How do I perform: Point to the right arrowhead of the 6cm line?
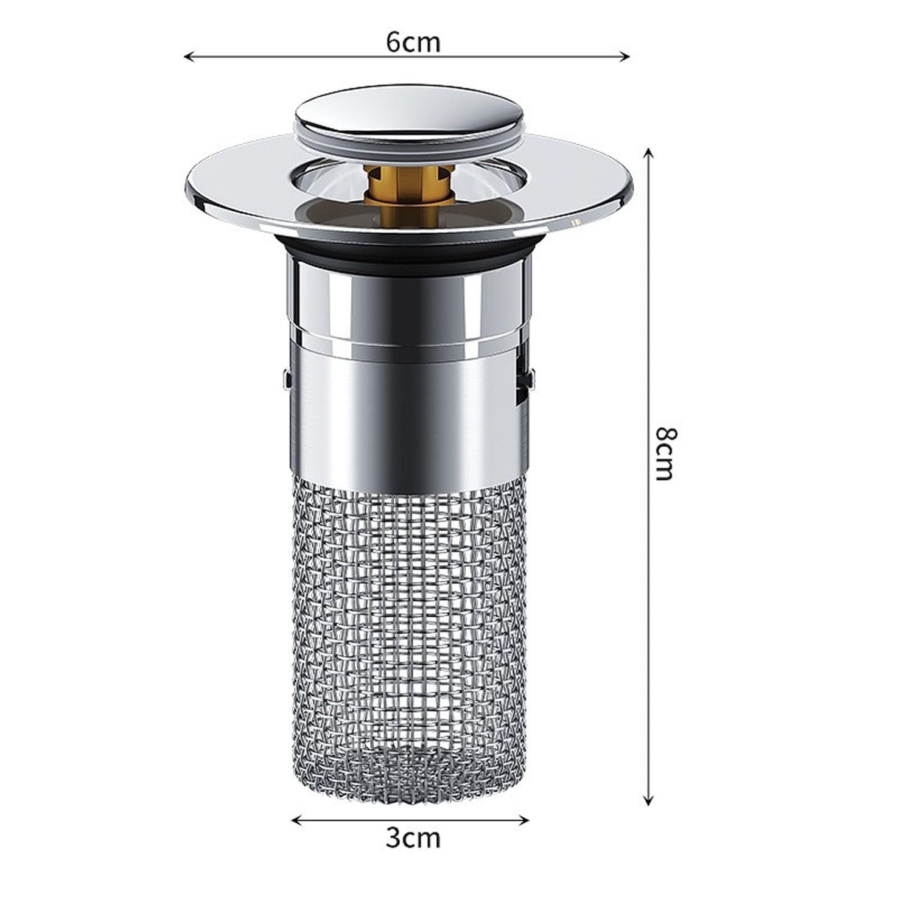[624, 57]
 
